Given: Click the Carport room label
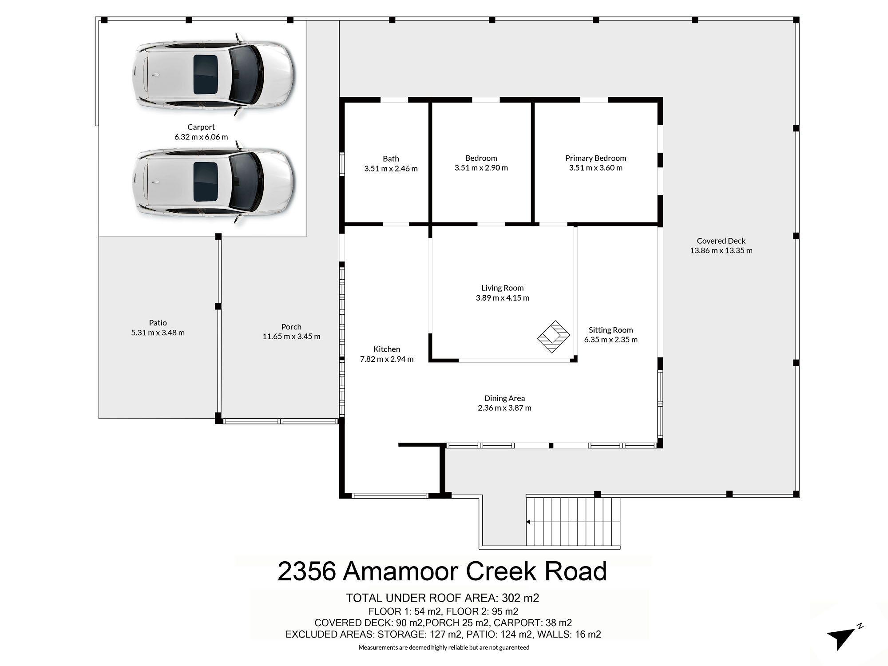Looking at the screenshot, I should (201, 127).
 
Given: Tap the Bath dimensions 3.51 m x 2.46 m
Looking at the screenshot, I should (391, 169).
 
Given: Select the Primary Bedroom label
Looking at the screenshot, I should (595, 158).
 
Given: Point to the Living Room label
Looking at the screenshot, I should (503, 288).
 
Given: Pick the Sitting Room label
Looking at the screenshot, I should (610, 330).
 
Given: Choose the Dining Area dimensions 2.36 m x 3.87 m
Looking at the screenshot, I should (504, 408).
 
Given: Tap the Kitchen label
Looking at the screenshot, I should (386, 349).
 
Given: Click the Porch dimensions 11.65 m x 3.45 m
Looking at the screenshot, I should (291, 337).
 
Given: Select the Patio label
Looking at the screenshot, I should (158, 323).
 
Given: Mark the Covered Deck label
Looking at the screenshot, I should (721, 241).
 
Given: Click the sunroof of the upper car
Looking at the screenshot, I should (206, 74).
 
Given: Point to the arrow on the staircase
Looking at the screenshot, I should (529, 522).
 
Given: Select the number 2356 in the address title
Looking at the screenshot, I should (306, 571).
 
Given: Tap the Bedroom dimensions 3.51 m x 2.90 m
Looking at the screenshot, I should (481, 168).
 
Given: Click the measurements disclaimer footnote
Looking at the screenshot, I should (444, 647).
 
